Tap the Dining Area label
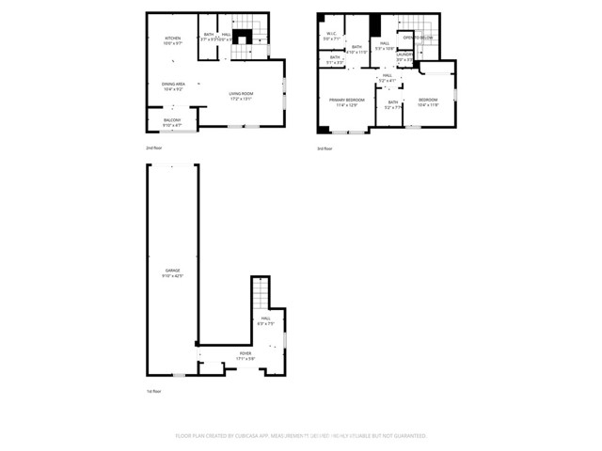[x=172, y=86]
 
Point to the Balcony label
[x=172, y=122]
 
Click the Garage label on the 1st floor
[x=172, y=272]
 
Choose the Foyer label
[x=245, y=355]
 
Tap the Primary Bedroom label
[x=346, y=102]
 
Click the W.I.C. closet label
[x=332, y=37]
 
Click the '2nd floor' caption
[x=154, y=148]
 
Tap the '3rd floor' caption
[x=325, y=148]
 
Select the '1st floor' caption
[x=154, y=391]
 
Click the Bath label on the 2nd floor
[x=209, y=37]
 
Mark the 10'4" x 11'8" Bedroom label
[x=428, y=102]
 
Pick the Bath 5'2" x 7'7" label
[x=393, y=104]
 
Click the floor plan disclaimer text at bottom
[x=301, y=436]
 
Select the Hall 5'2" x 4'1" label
[x=386, y=78]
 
